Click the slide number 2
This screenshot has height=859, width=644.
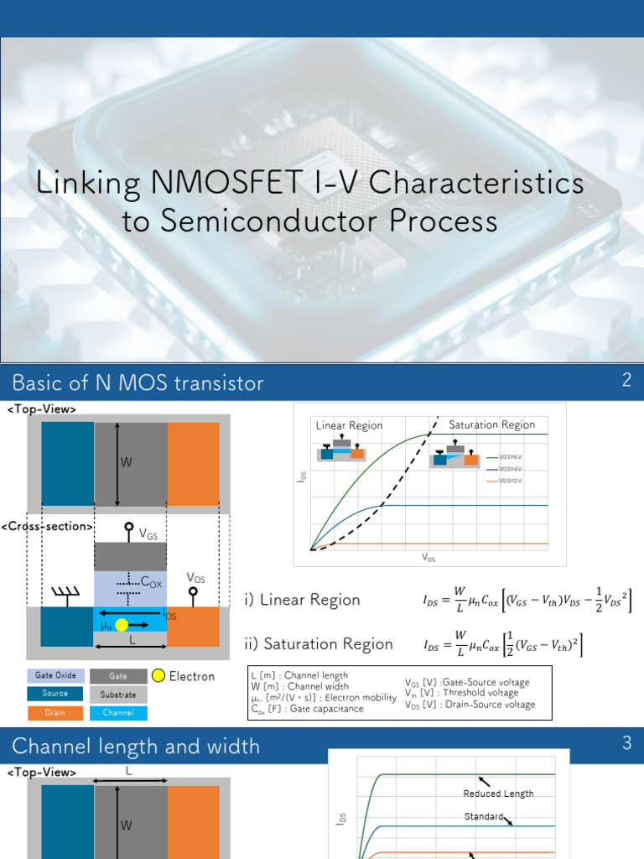(626, 380)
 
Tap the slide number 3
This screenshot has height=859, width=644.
(626, 742)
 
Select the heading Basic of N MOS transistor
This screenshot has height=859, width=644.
(138, 383)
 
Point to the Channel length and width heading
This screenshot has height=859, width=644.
(136, 746)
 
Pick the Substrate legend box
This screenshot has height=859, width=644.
(118, 694)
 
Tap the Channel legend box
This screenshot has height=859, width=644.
(118, 712)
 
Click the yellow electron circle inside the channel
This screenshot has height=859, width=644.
(122, 624)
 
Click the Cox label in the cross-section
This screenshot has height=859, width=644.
(151, 581)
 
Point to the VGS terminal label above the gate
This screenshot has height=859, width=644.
(147, 533)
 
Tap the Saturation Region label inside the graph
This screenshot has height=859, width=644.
(491, 424)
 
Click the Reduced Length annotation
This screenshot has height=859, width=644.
(498, 794)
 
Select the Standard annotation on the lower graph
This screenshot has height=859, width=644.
(484, 816)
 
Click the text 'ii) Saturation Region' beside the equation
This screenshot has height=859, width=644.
(318, 643)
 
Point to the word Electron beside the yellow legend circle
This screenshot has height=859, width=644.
(192, 676)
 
